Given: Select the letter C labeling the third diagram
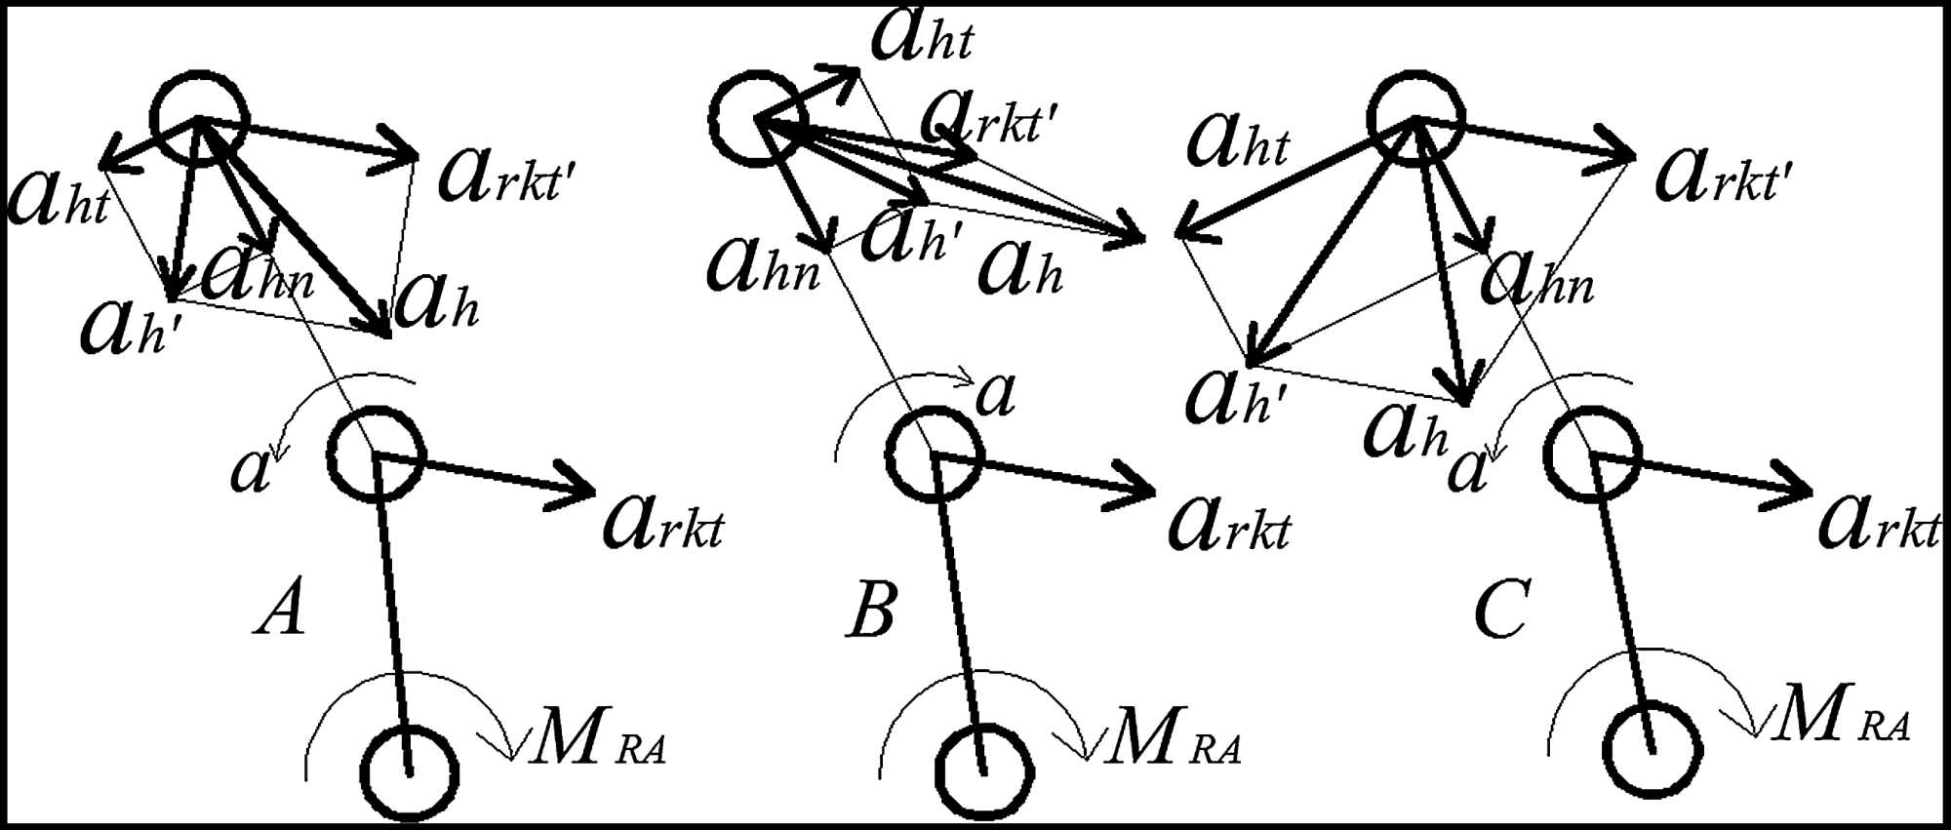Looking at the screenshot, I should pyautogui.click(x=1501, y=609).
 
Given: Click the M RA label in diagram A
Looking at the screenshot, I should pyautogui.click(x=598, y=740).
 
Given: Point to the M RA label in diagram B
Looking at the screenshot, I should pyautogui.click(x=1174, y=740).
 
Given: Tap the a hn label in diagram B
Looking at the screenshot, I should pyautogui.click(x=764, y=266).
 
